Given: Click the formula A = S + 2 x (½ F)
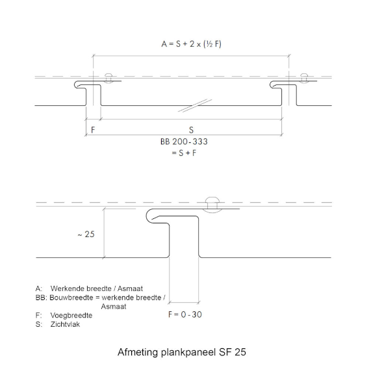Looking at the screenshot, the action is pos(191,44).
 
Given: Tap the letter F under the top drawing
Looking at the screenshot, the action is pos(93,130).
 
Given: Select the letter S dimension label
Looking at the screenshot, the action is pos(191,130).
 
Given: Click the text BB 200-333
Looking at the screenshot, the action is pos(184,142).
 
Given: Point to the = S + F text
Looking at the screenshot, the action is pos(184,153).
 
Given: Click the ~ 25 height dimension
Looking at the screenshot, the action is pos(86,234).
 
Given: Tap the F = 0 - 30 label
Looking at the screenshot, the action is pos(185,314).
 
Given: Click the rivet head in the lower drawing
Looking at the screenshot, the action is pos(212,204).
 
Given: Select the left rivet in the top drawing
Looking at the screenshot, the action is pos(108,78).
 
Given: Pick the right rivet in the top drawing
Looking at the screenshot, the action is pos(304,78).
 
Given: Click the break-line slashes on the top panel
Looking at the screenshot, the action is pos(195,105).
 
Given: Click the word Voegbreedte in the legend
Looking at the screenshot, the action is pos(71,315).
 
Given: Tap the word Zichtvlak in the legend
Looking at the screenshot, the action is pos(65,324).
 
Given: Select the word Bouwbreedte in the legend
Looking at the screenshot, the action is pos(71,298).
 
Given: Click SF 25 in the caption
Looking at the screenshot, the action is pos(233,352).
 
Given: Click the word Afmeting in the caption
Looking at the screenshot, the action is pos(138,352).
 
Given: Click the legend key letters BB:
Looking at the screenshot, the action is pos(42,298).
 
